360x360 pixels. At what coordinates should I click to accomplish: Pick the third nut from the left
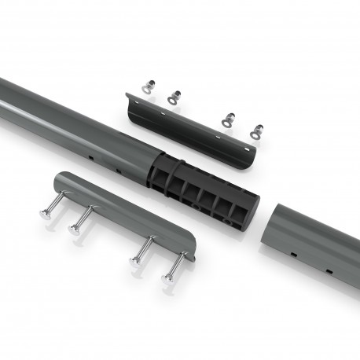coord(227,119)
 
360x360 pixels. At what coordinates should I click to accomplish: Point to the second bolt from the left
coord(75,230)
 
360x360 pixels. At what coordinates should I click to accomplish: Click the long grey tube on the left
coord(71,119)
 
